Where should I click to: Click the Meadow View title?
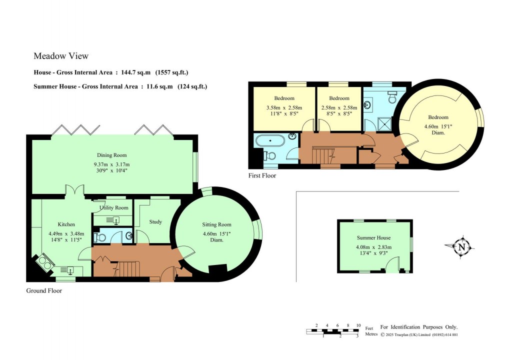point(61,56)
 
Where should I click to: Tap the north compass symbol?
point(461,246)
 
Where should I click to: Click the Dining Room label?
point(112,155)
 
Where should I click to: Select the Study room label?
point(155,221)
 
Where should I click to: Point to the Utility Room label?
point(114,207)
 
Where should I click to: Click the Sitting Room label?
point(216,224)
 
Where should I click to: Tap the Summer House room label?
point(373,238)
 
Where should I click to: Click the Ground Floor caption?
point(44,290)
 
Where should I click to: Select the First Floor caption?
point(262,176)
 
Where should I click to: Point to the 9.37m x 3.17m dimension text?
point(112,164)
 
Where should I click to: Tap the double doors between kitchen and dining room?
point(73,190)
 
